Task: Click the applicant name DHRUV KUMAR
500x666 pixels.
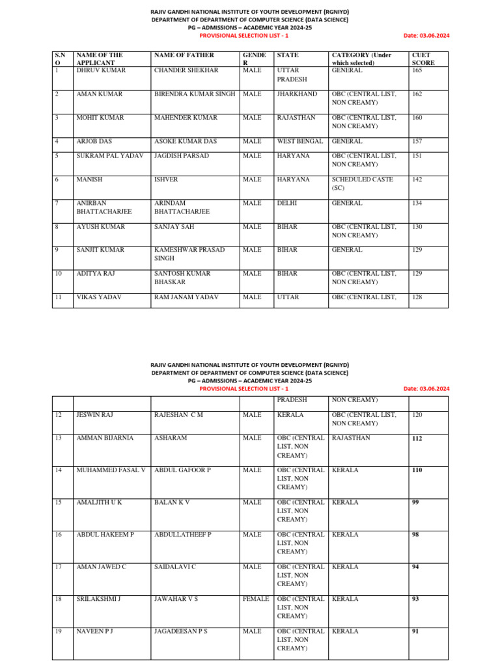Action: (101, 70)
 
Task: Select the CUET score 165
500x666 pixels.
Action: (417, 70)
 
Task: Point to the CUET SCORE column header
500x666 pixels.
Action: (423, 59)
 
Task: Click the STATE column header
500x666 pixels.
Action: (288, 55)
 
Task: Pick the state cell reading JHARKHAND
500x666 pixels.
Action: (297, 94)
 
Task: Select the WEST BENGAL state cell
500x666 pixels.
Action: (299, 141)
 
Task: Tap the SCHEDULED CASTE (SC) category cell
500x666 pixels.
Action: (362, 183)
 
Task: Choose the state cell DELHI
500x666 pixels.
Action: (287, 203)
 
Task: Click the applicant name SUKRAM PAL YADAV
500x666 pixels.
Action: (109, 156)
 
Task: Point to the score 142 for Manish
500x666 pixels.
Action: (417, 180)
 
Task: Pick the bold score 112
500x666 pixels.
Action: (417, 439)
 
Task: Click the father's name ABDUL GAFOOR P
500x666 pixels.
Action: (182, 470)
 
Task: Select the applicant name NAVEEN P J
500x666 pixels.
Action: (95, 632)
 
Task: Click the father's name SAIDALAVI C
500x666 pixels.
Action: (175, 567)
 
